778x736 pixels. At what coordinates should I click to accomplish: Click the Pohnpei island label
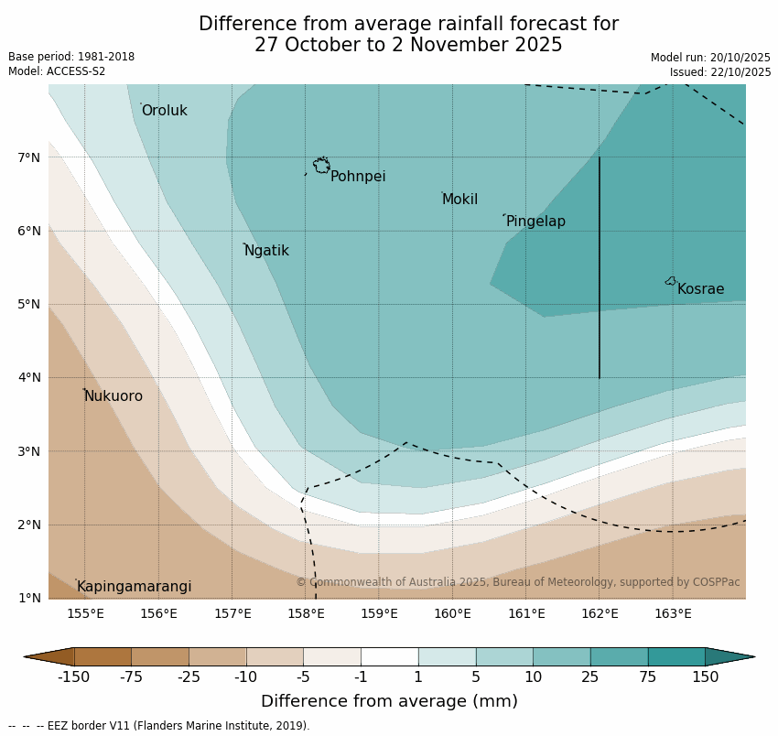pyautogui.click(x=357, y=177)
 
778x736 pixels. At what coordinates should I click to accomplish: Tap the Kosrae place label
pyautogui.click(x=700, y=289)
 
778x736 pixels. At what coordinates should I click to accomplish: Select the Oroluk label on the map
pyautogui.click(x=164, y=111)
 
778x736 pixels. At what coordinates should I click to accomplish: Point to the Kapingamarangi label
pyautogui.click(x=134, y=587)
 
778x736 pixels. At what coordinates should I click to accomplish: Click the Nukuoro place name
pyautogui.click(x=113, y=396)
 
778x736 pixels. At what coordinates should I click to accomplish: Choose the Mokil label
pyautogui.click(x=459, y=200)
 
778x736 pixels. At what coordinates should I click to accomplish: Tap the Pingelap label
pyautogui.click(x=535, y=222)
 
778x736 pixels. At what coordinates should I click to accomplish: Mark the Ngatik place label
pyautogui.click(x=266, y=251)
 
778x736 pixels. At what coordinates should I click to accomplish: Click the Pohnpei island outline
pyautogui.click(x=321, y=166)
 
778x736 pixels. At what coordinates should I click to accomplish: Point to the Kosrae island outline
pyautogui.click(x=671, y=281)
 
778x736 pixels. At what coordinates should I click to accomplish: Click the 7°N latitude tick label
pyautogui.click(x=29, y=157)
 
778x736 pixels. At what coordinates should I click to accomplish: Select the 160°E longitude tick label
pyautogui.click(x=452, y=613)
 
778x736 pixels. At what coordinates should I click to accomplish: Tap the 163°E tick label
pyautogui.click(x=673, y=613)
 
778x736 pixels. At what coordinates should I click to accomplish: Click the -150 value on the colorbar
pyautogui.click(x=73, y=677)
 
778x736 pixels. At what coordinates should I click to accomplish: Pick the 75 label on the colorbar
pyautogui.click(x=648, y=677)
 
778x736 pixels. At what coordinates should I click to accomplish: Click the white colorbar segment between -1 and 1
pyautogui.click(x=389, y=656)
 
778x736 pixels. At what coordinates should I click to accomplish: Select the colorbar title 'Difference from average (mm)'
pyautogui.click(x=389, y=702)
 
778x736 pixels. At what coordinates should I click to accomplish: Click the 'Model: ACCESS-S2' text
pyautogui.click(x=57, y=71)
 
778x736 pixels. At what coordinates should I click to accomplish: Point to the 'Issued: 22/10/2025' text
pyautogui.click(x=719, y=72)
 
